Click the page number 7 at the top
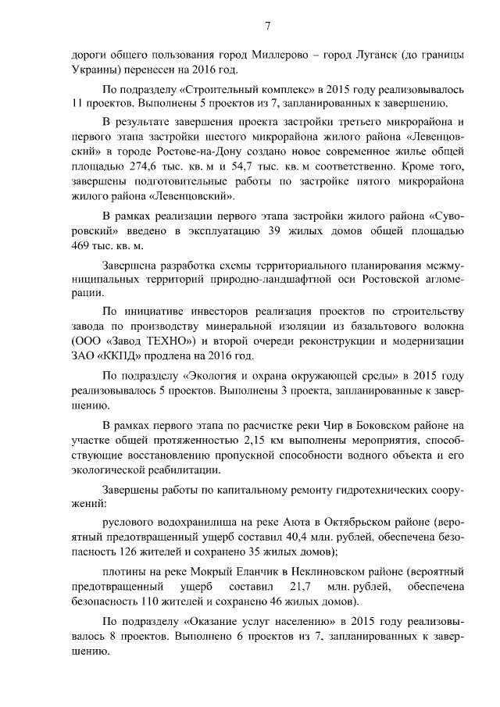(267, 26)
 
